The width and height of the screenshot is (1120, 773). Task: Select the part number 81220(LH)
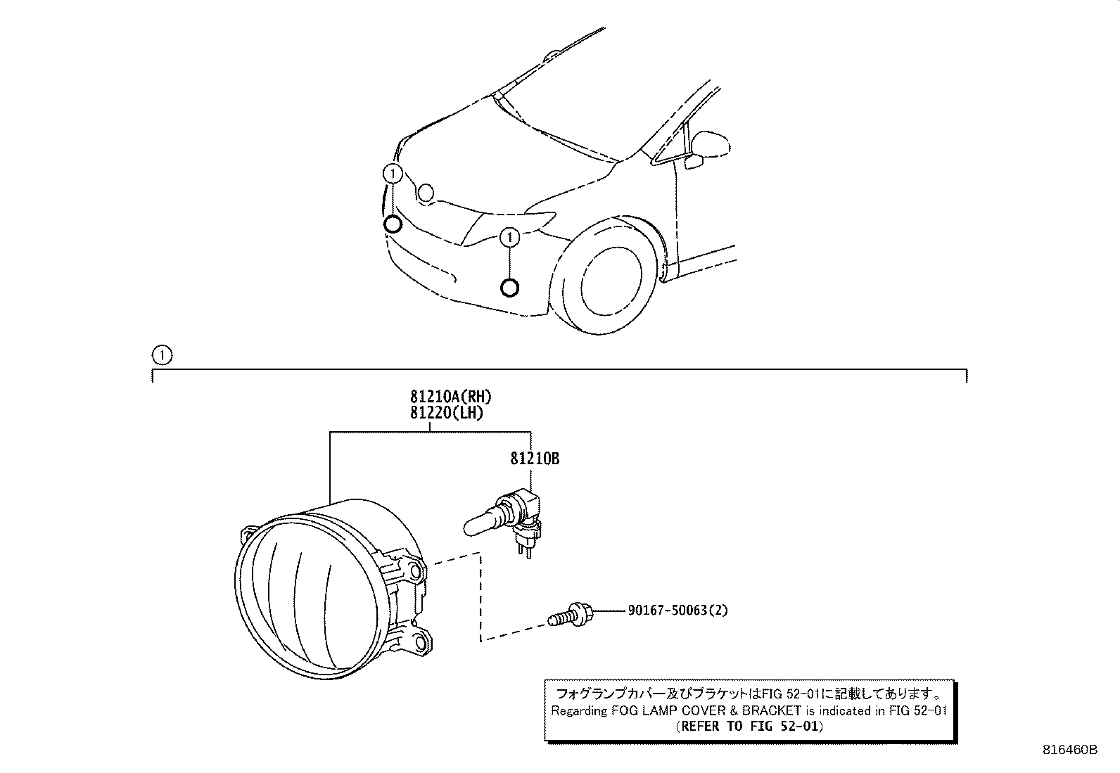447,413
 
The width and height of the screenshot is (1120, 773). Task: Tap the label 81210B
535,459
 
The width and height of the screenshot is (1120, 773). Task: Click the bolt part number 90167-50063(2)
677,610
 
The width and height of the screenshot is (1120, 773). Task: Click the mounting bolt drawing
571,615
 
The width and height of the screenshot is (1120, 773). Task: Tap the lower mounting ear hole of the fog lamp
421,641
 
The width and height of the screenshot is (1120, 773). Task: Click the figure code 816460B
1069,750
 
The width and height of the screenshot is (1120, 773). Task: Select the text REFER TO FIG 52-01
748,726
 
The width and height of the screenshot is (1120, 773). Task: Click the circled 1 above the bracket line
161,354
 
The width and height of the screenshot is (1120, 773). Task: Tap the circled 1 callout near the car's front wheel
509,238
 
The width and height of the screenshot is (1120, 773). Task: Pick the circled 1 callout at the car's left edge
392,173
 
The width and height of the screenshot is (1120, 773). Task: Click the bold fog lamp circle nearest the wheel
509,288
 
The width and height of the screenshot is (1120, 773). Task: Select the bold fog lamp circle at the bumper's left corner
393,224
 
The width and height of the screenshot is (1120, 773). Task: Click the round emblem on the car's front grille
426,192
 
